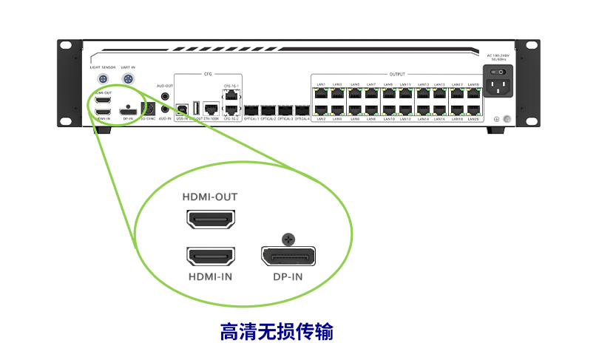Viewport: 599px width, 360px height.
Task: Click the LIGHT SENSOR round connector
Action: click(x=104, y=78)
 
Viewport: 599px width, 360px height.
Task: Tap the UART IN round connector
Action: click(x=128, y=78)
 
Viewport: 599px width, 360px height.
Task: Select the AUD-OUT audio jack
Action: click(x=164, y=96)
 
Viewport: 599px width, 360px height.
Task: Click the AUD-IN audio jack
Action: click(x=164, y=109)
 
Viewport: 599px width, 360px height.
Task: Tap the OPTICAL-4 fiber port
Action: click(x=302, y=109)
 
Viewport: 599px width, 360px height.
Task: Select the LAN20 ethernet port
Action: click(x=473, y=111)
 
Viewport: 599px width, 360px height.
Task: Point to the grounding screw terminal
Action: click(x=505, y=119)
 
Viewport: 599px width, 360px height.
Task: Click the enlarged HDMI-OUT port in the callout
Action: click(x=211, y=220)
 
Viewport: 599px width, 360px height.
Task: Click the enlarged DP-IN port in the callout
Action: click(x=288, y=257)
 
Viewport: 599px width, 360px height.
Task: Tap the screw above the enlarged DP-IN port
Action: click(x=288, y=239)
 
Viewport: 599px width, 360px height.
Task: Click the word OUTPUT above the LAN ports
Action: click(x=397, y=75)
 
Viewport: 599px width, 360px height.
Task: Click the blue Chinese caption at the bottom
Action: click(x=277, y=332)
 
